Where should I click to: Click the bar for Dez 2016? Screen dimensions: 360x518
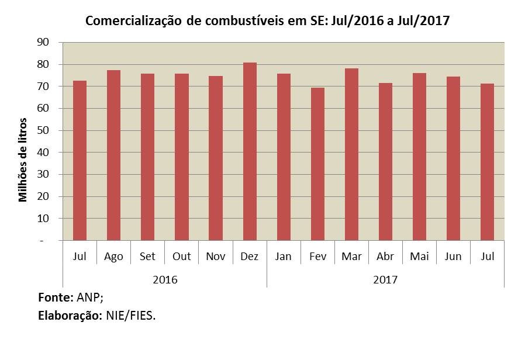250,151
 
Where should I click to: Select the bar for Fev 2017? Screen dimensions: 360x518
317,164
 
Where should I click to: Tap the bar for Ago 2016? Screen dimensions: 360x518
113,155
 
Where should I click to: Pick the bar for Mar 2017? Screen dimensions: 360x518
351,154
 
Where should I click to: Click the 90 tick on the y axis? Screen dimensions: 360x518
42,42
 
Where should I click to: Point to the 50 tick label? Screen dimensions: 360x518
42,130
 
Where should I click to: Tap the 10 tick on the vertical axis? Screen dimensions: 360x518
42,219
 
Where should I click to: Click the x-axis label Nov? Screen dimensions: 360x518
216,257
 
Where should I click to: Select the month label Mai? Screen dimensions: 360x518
419,257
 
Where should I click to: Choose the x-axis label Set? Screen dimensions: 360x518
147,257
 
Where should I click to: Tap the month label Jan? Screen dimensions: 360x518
284,257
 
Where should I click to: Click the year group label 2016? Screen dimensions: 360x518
164,279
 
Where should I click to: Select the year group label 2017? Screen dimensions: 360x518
385,279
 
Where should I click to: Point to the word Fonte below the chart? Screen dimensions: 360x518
54,297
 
